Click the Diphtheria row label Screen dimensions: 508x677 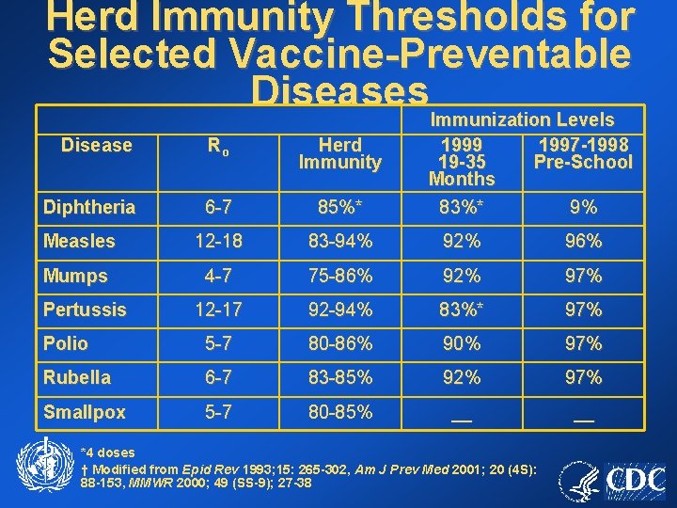(89, 207)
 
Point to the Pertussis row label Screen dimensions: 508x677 (85, 310)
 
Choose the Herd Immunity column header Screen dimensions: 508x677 (339, 153)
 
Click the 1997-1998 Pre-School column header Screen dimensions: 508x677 (583, 153)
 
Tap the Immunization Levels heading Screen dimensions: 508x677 (522, 119)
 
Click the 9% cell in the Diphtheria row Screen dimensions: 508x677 (583, 207)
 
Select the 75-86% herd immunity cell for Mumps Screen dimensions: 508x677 (339, 276)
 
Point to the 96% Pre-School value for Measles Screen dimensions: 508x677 (583, 242)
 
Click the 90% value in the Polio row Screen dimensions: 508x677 (461, 343)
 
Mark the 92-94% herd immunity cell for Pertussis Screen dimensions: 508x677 (339, 310)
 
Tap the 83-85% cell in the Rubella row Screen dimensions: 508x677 (339, 377)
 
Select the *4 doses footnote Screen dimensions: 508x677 (108, 452)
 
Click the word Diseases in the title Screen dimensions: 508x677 (339, 89)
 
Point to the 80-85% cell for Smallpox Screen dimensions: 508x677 (339, 411)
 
